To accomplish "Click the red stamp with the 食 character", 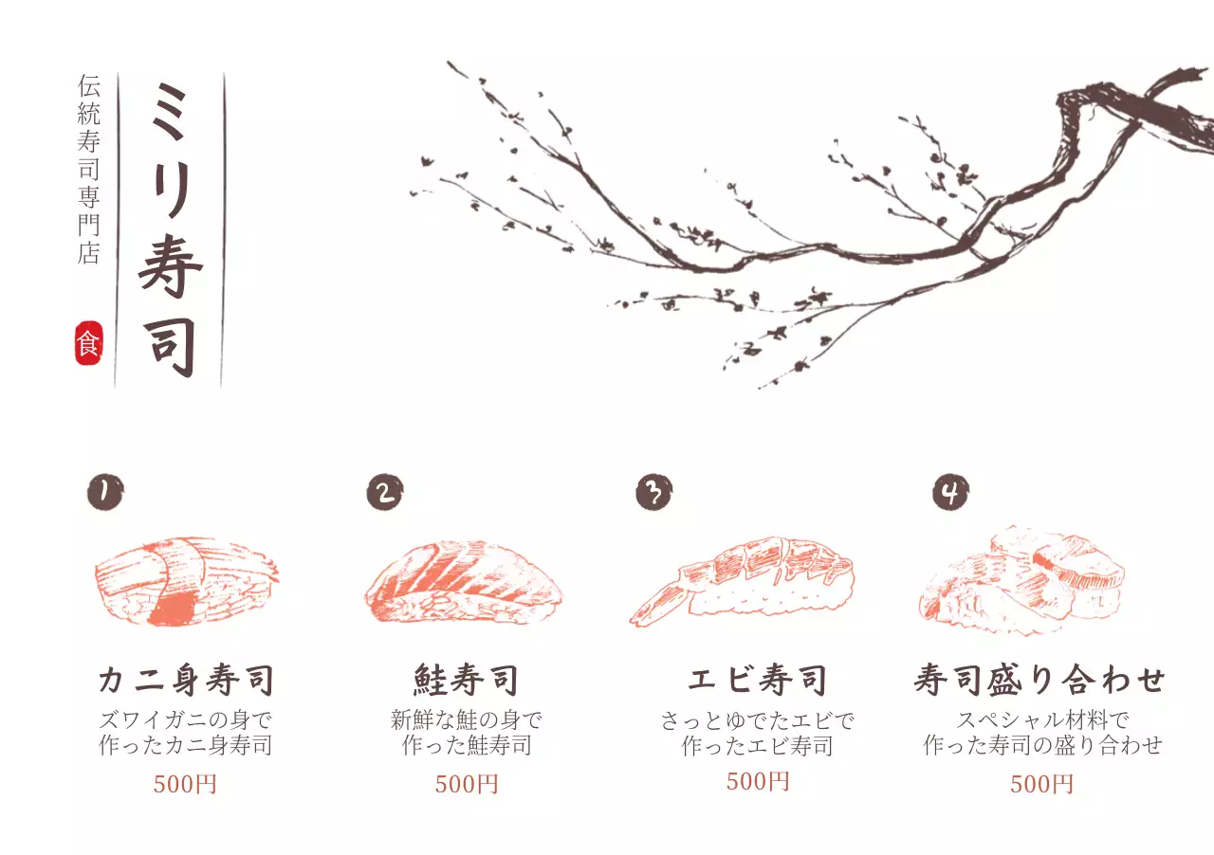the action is pyautogui.click(x=88, y=343).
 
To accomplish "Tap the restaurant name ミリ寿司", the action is pyautogui.click(x=170, y=229).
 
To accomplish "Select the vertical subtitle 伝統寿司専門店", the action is pyautogui.click(x=88, y=170).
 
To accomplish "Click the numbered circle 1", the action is pyautogui.click(x=105, y=492).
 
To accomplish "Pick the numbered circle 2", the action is pyautogui.click(x=385, y=492).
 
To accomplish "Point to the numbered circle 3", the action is pyautogui.click(x=654, y=492).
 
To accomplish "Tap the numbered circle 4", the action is pyautogui.click(x=950, y=492).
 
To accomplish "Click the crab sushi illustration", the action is pyautogui.click(x=187, y=581).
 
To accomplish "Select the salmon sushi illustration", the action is pyautogui.click(x=464, y=581).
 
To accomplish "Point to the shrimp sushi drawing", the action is pyautogui.click(x=742, y=581).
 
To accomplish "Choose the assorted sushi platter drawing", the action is pyautogui.click(x=1021, y=580).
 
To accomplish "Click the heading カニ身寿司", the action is pyautogui.click(x=186, y=680).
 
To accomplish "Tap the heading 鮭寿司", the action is pyautogui.click(x=466, y=680).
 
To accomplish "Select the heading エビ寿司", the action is pyautogui.click(x=757, y=680).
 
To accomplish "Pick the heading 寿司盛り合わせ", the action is pyautogui.click(x=1039, y=680).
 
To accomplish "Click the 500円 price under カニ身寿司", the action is pyautogui.click(x=185, y=784).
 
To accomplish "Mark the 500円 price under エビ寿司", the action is pyautogui.click(x=758, y=781).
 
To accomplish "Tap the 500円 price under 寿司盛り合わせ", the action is pyautogui.click(x=1041, y=784).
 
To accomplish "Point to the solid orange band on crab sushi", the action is pyautogui.click(x=173, y=609).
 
